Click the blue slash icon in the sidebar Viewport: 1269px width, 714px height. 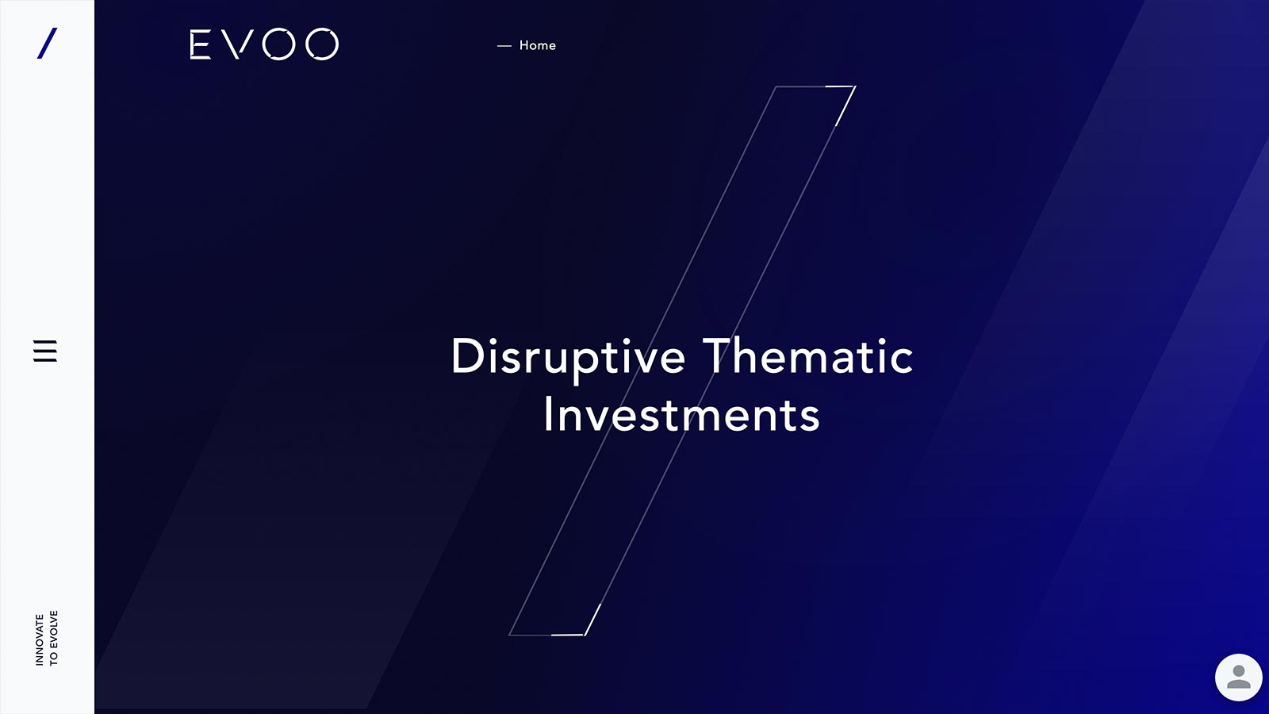(x=47, y=43)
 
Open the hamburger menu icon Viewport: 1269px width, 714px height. (x=45, y=351)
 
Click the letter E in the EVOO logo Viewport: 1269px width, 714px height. (x=201, y=44)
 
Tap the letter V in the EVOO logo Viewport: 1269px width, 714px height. (x=237, y=44)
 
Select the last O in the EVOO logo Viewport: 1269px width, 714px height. (x=322, y=44)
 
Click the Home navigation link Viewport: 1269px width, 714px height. (x=538, y=45)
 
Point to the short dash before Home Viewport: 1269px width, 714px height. (x=504, y=46)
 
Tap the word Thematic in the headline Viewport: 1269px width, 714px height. (x=808, y=356)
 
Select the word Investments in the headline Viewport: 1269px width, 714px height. (x=681, y=415)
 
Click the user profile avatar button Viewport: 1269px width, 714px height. (x=1238, y=678)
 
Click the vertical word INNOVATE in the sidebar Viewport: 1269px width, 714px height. (x=40, y=639)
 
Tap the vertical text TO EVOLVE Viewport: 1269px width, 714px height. (x=54, y=638)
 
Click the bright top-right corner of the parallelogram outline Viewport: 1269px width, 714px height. (x=855, y=86)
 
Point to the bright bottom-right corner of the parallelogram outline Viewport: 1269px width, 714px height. (x=584, y=635)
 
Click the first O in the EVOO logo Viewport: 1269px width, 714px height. (x=279, y=44)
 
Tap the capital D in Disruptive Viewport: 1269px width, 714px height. (x=466, y=356)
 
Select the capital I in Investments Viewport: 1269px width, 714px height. (x=547, y=414)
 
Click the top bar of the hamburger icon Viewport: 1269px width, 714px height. (x=45, y=342)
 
